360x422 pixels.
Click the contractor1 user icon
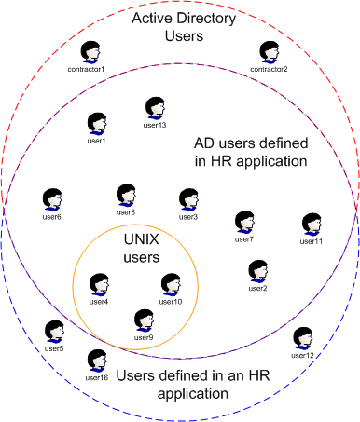coord(90,52)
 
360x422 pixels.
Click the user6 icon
coord(52,200)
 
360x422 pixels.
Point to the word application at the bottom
coord(190,394)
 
